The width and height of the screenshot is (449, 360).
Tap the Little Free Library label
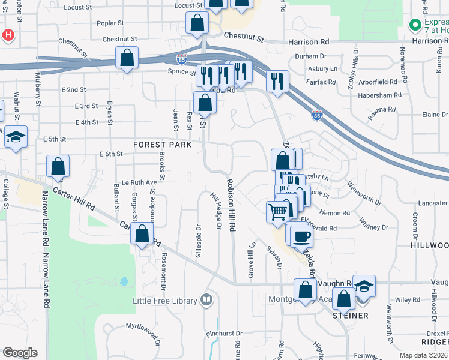click(x=165, y=301)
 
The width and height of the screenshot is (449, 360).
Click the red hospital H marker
click(x=8, y=35)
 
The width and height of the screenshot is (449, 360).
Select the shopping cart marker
click(x=277, y=212)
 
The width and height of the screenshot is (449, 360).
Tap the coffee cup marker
click(x=301, y=235)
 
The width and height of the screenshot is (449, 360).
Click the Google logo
click(x=20, y=353)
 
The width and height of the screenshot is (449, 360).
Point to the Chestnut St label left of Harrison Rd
click(x=244, y=37)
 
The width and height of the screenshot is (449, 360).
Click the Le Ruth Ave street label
click(x=139, y=182)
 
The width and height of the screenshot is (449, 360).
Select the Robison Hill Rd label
click(x=230, y=205)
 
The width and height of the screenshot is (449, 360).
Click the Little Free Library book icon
click(x=206, y=299)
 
